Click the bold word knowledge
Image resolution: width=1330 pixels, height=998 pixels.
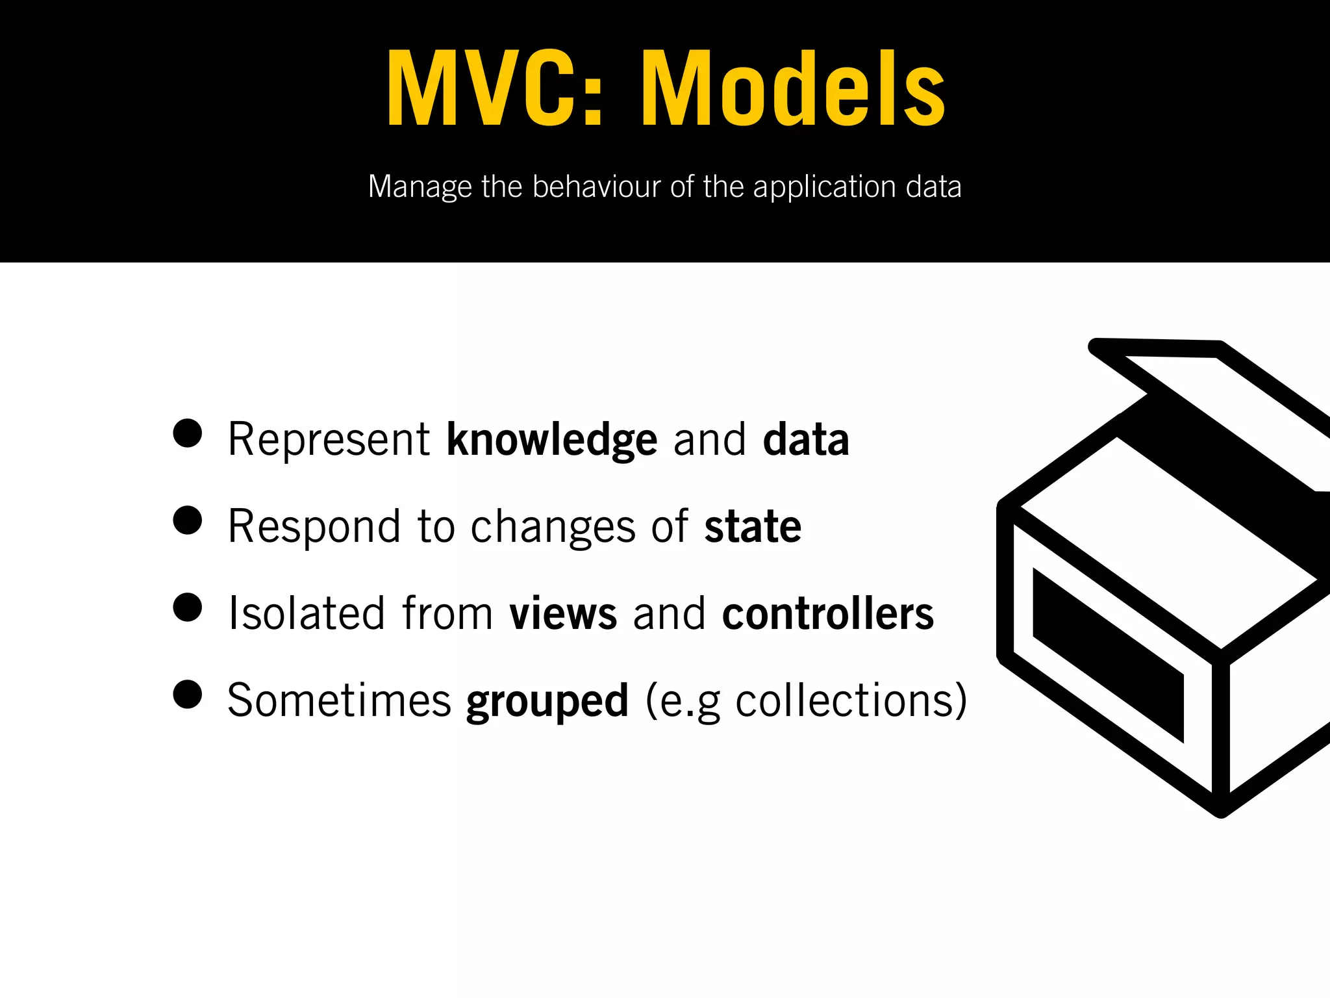coord(551,441)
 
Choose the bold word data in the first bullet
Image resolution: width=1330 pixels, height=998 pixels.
coord(806,440)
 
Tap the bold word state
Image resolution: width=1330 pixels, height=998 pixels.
coord(753,527)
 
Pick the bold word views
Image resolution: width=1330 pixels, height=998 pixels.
coord(563,613)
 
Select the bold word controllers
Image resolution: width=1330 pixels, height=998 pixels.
coord(828,613)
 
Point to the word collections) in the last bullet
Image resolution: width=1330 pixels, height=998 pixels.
coord(851,700)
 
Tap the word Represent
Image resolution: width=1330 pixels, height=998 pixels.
coord(329,440)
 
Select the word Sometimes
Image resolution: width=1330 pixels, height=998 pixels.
coord(339,700)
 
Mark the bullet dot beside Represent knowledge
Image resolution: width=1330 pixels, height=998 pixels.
coord(188,433)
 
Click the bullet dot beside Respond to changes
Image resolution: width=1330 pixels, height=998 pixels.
coord(188,520)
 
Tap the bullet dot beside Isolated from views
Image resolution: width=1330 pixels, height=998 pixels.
coord(188,607)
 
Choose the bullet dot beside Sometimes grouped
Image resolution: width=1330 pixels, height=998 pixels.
coord(188,694)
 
